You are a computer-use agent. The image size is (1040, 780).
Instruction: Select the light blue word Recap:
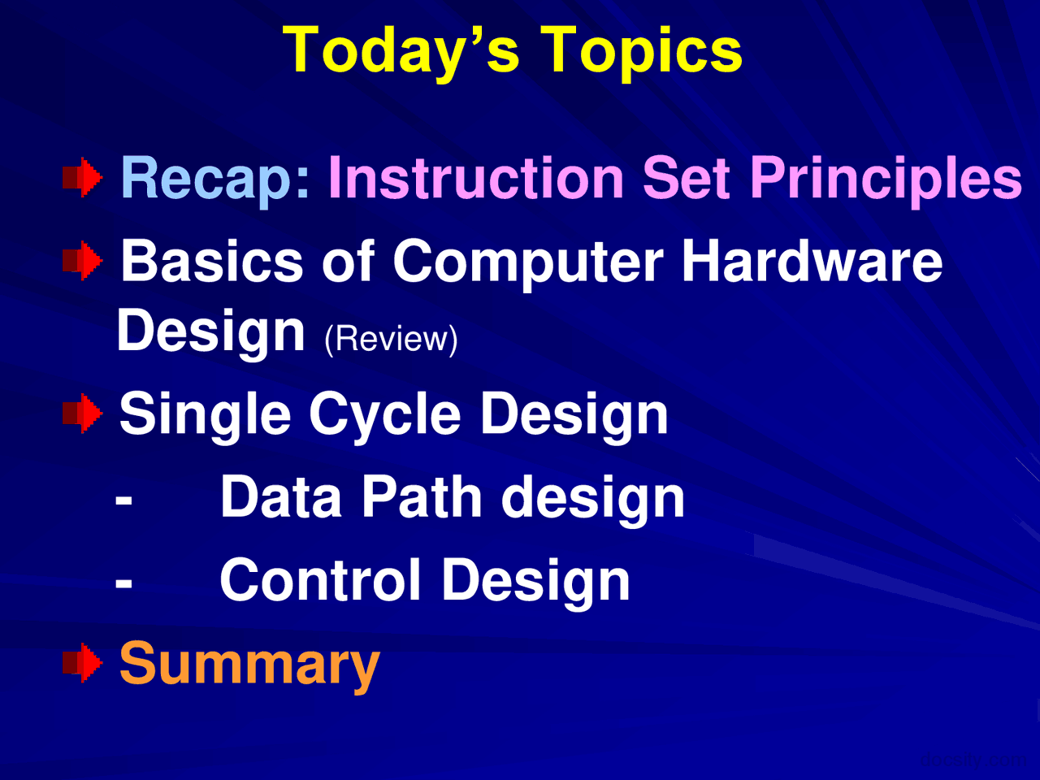tap(215, 179)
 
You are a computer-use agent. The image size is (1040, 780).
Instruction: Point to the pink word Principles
tap(885, 179)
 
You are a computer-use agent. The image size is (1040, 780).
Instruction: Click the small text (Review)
tap(391, 339)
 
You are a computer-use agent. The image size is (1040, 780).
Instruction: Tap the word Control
tap(321, 580)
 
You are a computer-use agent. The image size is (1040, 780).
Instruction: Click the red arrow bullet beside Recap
tap(83, 179)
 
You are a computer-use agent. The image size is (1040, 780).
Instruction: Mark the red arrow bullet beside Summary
tap(83, 663)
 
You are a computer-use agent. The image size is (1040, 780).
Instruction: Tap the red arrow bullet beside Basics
tap(83, 262)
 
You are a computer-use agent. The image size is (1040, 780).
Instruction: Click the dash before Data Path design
tap(123, 500)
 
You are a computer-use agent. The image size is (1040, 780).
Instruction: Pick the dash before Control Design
tap(123, 583)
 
